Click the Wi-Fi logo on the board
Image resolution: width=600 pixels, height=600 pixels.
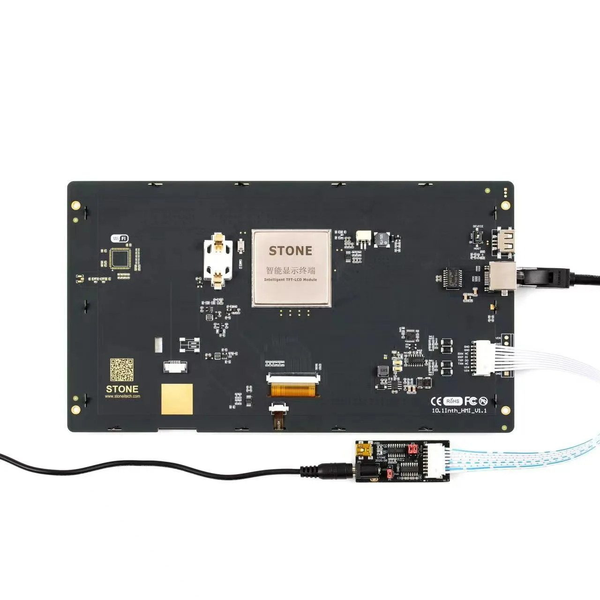pos(119,238)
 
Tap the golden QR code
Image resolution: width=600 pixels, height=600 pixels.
pos(122,370)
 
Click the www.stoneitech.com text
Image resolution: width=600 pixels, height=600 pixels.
pos(122,397)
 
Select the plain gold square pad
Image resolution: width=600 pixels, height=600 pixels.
pos(177,399)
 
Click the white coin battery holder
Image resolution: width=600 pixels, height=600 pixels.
pos(218,261)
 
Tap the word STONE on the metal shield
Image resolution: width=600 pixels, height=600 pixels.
pos(290,251)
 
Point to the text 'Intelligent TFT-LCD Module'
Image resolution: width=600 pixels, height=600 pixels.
pos(290,280)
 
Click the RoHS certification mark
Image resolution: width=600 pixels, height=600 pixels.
pos(453,401)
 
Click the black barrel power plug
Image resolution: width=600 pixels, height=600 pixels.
pos(328,469)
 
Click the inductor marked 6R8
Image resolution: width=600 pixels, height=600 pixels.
pos(384,370)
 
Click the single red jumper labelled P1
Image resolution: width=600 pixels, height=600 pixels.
pos(390,474)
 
